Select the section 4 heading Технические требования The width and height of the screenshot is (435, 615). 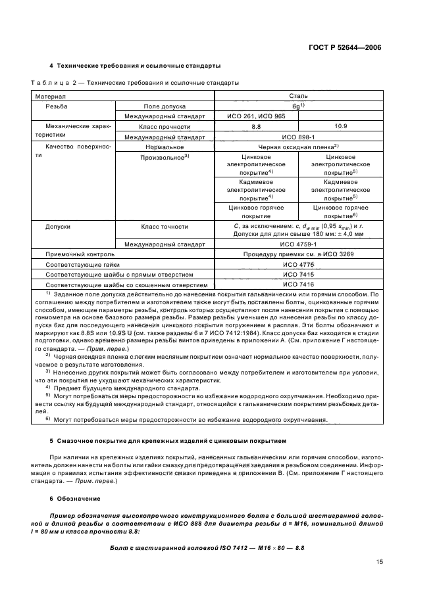point(136,66)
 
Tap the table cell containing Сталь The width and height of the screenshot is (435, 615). point(298,95)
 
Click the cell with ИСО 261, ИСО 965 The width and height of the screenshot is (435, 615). point(256,116)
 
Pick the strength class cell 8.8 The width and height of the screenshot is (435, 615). point(256,126)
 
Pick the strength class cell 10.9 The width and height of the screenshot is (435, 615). point(340,126)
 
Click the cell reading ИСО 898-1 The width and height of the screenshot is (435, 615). point(298,137)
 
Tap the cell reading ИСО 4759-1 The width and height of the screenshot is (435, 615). point(298,243)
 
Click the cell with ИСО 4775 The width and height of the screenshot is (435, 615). point(298,264)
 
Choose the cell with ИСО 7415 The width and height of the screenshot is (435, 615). point(298,275)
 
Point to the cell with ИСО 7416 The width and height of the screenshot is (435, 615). point(298,285)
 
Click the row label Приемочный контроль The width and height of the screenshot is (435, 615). point(80,254)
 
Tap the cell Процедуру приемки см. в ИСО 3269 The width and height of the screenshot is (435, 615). point(298,254)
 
